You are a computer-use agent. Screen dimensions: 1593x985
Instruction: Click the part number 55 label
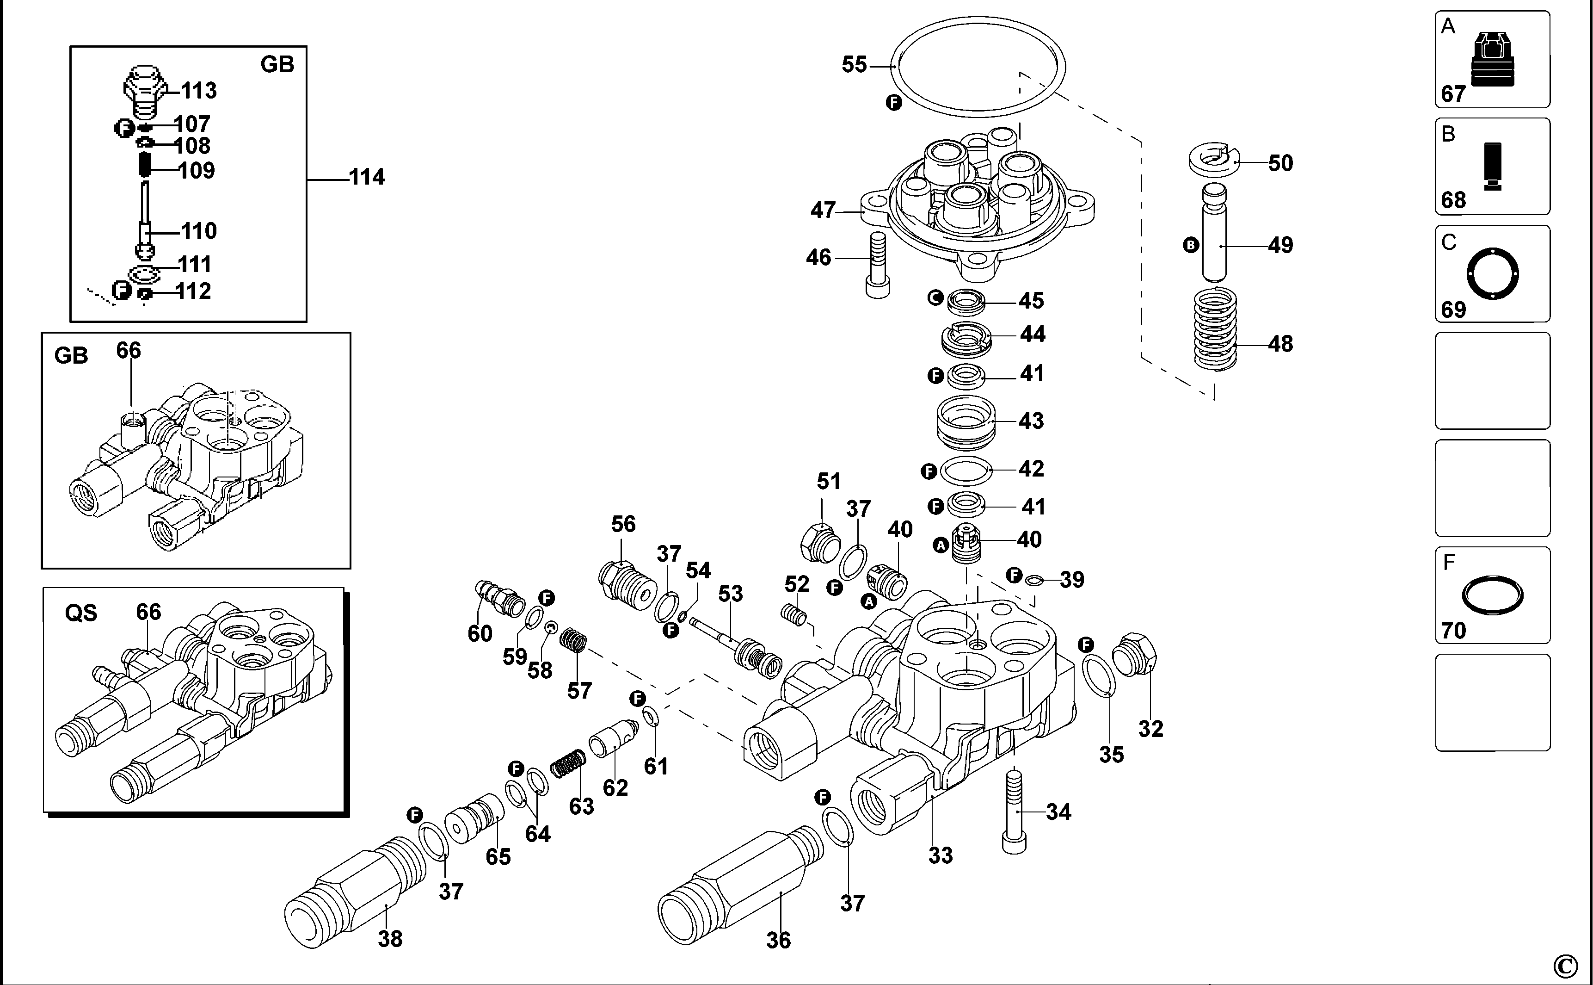[854, 64]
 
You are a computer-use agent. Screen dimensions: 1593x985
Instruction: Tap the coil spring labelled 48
[1215, 329]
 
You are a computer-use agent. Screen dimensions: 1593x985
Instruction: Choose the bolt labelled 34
[1015, 811]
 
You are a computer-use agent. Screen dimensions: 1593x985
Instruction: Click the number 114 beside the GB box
[367, 177]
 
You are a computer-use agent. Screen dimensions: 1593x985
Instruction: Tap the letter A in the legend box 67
[1448, 26]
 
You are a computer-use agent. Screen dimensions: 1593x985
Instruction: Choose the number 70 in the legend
[1454, 630]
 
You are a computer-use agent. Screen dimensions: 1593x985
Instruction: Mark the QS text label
[81, 613]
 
